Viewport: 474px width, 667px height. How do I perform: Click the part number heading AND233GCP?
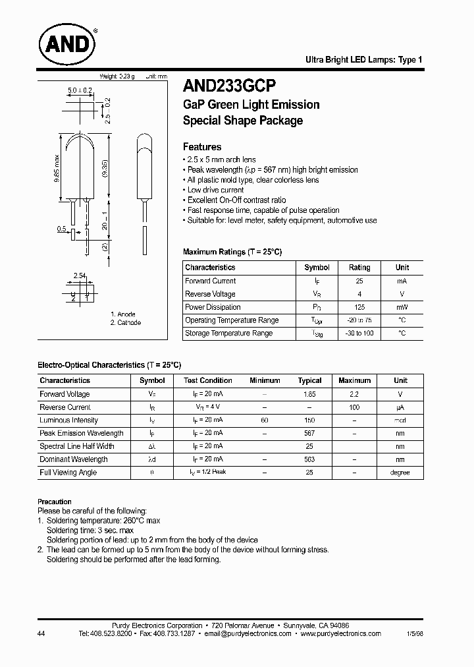tap(229, 86)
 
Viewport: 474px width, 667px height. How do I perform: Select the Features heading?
tap(201, 147)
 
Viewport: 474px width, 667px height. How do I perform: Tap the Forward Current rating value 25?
tap(359, 281)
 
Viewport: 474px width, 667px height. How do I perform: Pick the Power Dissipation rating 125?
tap(359, 307)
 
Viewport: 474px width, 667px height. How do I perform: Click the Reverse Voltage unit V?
tap(402, 294)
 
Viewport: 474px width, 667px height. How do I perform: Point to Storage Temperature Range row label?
tap(228, 333)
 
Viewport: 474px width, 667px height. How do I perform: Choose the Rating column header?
tap(359, 268)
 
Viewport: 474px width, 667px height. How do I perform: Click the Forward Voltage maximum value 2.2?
tap(354, 394)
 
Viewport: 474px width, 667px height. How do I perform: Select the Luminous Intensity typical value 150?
tap(309, 420)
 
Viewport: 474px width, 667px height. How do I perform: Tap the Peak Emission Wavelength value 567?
tap(309, 433)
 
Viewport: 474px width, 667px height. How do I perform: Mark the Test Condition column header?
tap(207, 380)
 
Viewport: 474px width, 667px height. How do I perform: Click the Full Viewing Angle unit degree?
tap(400, 473)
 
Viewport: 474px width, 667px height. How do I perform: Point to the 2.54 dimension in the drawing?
tap(80, 275)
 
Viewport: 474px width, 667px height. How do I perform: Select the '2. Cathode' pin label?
tap(126, 323)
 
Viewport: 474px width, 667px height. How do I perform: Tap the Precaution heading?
tap(54, 502)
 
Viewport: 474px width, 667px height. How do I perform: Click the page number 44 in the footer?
tap(42, 633)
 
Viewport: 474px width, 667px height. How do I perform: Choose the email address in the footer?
tap(247, 633)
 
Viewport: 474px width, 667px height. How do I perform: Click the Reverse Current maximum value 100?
tap(354, 407)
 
